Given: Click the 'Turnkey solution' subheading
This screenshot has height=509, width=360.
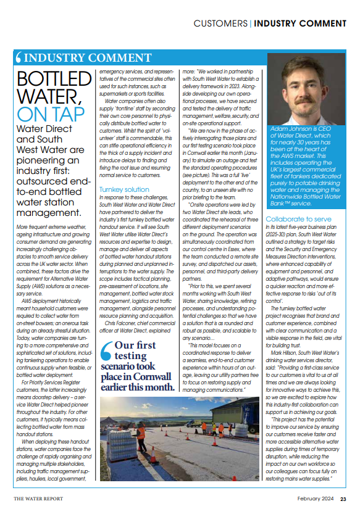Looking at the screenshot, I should point(124,189).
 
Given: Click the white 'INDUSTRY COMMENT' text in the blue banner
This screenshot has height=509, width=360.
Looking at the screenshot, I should point(83,58).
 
